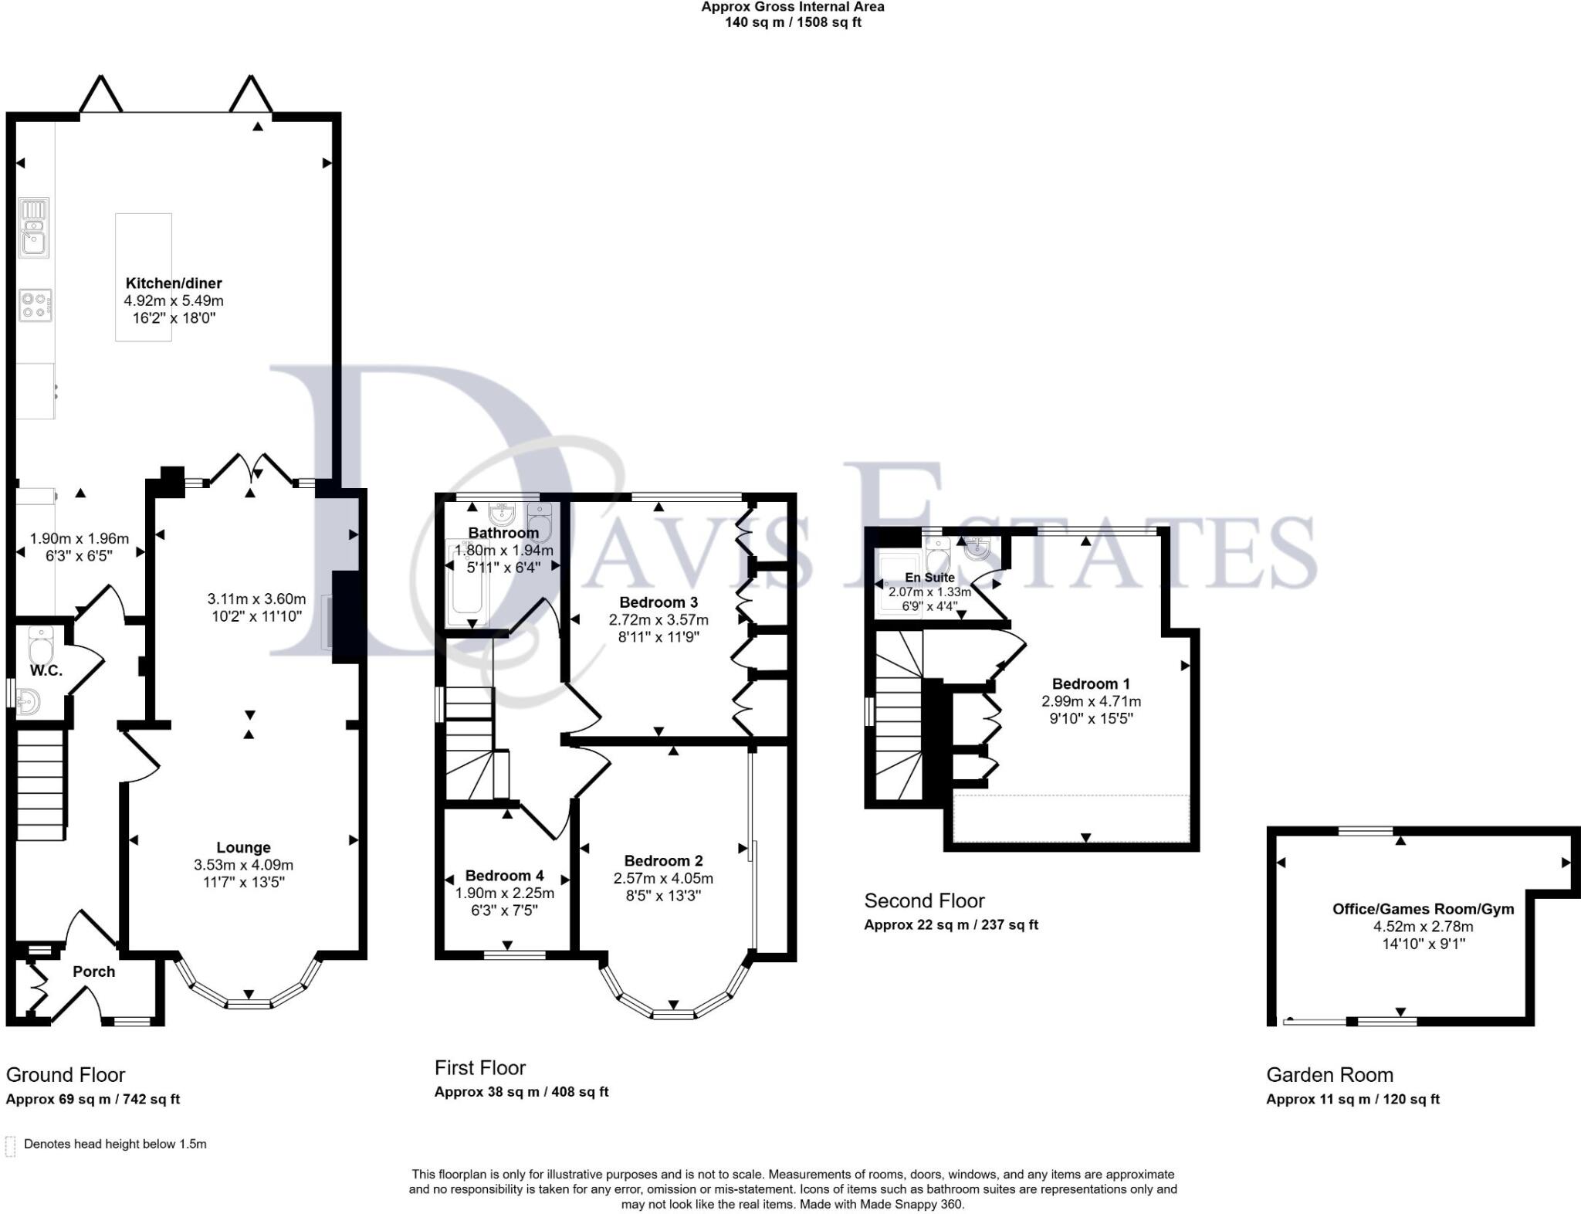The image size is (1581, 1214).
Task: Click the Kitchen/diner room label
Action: click(174, 283)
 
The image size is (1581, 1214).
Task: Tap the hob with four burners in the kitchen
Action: click(36, 304)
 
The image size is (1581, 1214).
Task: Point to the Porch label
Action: click(93, 972)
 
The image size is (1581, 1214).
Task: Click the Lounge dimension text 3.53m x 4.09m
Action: click(243, 865)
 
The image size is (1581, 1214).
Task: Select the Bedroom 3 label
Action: click(658, 602)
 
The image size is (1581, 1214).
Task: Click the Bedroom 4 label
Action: click(504, 876)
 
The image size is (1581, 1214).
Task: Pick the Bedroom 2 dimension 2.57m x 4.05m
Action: click(663, 878)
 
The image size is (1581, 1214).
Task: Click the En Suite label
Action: click(929, 578)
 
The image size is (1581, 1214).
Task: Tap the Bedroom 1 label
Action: click(1091, 683)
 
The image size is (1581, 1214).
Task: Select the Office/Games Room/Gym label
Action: click(1423, 909)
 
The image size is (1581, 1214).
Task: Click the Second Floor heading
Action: click(924, 900)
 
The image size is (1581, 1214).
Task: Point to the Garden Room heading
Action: click(1329, 1074)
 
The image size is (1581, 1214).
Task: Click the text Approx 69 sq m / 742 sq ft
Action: click(93, 1099)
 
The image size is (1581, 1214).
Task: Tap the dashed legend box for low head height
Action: click(10, 1146)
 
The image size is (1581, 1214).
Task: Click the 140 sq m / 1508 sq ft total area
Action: click(792, 22)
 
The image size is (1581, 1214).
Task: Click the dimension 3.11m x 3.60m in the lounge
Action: click(256, 599)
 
